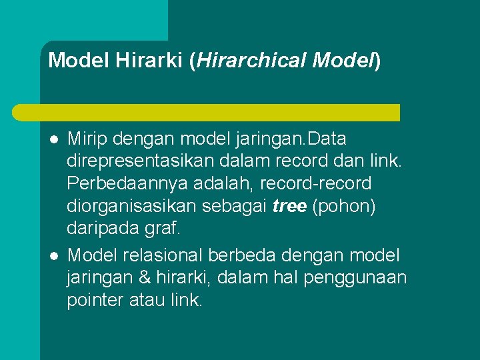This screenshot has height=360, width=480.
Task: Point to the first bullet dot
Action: point(54,140)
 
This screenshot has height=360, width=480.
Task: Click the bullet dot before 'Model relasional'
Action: point(54,255)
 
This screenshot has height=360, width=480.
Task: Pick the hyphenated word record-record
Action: point(316,183)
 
